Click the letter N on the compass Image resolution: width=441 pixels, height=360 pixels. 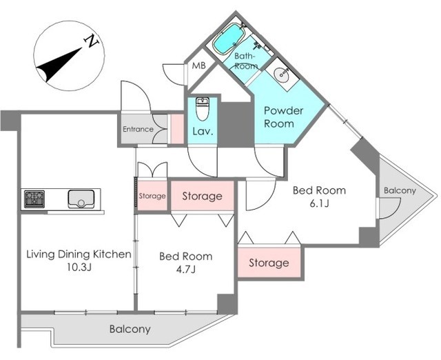pos(92,41)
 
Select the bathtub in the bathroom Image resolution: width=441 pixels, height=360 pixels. pos(228,39)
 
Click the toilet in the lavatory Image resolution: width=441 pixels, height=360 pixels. pos(202,109)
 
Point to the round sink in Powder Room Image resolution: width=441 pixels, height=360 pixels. pos(280,74)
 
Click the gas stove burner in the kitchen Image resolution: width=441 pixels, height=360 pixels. pos(34,199)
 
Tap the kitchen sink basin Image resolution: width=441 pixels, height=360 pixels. pos(81,199)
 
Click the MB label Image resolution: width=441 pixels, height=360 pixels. pos(199,66)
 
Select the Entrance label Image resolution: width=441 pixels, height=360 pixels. pos(138,129)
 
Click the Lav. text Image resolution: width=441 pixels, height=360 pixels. pos(203,131)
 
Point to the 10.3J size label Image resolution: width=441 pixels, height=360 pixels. pos(79,267)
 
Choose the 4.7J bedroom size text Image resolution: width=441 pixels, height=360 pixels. pos(185,270)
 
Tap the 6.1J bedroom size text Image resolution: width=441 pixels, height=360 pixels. pos(319,203)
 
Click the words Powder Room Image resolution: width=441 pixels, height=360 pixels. pos(283,117)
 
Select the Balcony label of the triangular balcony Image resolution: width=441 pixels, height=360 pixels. pos(400,191)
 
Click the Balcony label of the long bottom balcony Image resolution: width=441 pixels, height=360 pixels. pos(130,329)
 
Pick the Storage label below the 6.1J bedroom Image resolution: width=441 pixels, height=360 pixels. pos(269,263)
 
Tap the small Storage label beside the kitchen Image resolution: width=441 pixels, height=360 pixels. pos(152,196)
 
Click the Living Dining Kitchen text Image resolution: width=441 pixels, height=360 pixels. pos(79,254)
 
